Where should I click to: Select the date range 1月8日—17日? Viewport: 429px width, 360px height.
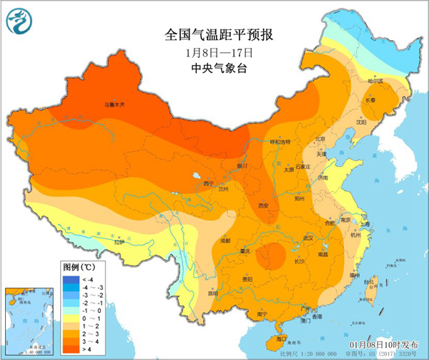pos(214,52)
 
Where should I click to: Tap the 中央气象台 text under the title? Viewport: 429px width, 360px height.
pos(214,69)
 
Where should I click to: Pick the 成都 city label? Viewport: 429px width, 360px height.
pos(226,240)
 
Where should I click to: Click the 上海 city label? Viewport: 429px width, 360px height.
pos(365,223)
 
